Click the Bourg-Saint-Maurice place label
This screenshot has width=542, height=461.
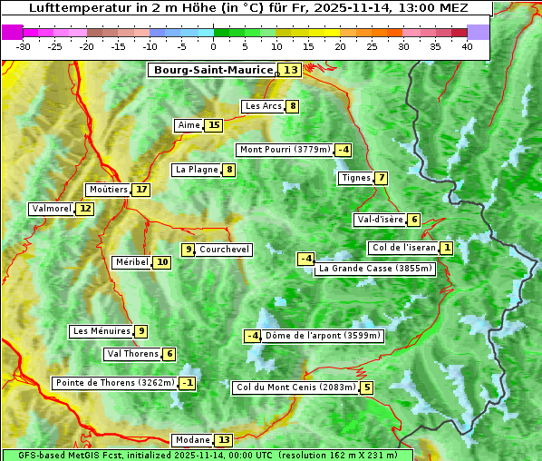[x=213, y=70]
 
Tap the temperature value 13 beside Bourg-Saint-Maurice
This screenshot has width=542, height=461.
[x=290, y=70]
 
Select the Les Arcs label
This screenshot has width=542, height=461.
[x=264, y=106]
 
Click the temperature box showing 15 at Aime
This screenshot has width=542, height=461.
[x=213, y=125]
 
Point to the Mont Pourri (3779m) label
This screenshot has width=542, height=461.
[x=284, y=150]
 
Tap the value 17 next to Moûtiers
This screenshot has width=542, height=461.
[x=141, y=190]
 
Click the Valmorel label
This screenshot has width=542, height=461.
[x=51, y=209]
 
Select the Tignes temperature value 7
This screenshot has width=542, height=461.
[x=382, y=178]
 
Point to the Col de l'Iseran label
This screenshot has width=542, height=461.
[x=403, y=248]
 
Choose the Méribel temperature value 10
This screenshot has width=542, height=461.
[x=162, y=262]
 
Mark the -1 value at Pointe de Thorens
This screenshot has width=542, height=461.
[x=188, y=383]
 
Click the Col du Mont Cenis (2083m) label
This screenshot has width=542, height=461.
[x=295, y=387]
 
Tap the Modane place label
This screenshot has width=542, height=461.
[x=192, y=440]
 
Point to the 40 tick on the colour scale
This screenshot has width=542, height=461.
[x=467, y=46]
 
